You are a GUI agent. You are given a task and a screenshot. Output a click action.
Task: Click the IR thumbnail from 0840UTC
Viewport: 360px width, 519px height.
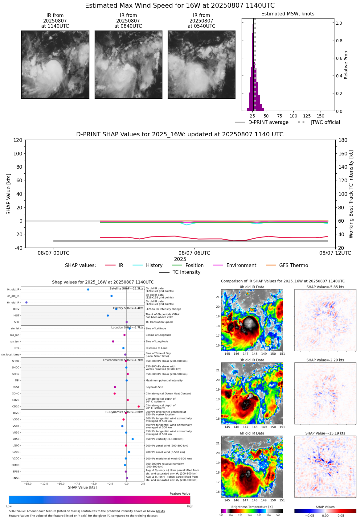pos(128,64)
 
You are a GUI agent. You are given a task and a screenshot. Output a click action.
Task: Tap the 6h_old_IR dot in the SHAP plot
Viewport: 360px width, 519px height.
pos(27,303)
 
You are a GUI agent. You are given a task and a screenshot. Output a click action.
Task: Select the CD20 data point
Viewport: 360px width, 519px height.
pos(139,406)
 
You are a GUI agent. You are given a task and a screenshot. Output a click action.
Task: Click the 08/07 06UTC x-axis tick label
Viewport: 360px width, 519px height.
pos(194,253)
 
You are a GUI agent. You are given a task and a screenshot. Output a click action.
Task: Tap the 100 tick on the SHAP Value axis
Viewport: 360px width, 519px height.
pos(18,154)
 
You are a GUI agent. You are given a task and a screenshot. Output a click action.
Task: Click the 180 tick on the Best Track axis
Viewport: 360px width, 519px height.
pos(343,140)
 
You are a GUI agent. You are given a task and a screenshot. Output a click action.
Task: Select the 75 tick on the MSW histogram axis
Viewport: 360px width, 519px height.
pos(280,116)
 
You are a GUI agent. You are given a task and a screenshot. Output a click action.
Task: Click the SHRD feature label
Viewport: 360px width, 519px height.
pos(15,361)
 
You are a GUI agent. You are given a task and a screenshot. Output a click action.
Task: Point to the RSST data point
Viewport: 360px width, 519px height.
pos(115,387)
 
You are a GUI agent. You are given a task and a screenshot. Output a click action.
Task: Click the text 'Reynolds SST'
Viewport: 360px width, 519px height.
pos(154,387)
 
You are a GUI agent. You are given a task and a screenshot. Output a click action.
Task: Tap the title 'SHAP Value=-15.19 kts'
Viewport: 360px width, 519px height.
pos(325,433)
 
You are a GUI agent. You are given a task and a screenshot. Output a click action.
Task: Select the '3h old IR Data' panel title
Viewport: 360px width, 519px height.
pos(252,360)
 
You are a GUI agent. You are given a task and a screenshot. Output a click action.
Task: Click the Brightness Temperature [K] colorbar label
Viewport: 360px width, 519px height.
pos(252,507)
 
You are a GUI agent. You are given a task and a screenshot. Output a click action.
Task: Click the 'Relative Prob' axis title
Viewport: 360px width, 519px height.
pos(346,65)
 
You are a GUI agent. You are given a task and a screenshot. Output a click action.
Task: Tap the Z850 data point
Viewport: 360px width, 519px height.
pos(133,439)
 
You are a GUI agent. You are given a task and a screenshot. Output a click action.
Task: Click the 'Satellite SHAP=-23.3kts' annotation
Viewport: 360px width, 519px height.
pos(126,289)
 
